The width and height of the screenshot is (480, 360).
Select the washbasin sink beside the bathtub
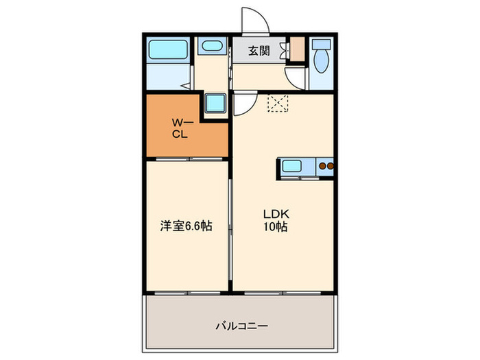click(210, 47)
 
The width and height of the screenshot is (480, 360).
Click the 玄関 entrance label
click(259, 51)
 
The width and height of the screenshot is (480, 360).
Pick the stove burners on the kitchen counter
click(324, 166)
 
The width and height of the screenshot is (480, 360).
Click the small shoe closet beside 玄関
click(296, 51)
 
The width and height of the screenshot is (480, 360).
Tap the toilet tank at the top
click(320, 45)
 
